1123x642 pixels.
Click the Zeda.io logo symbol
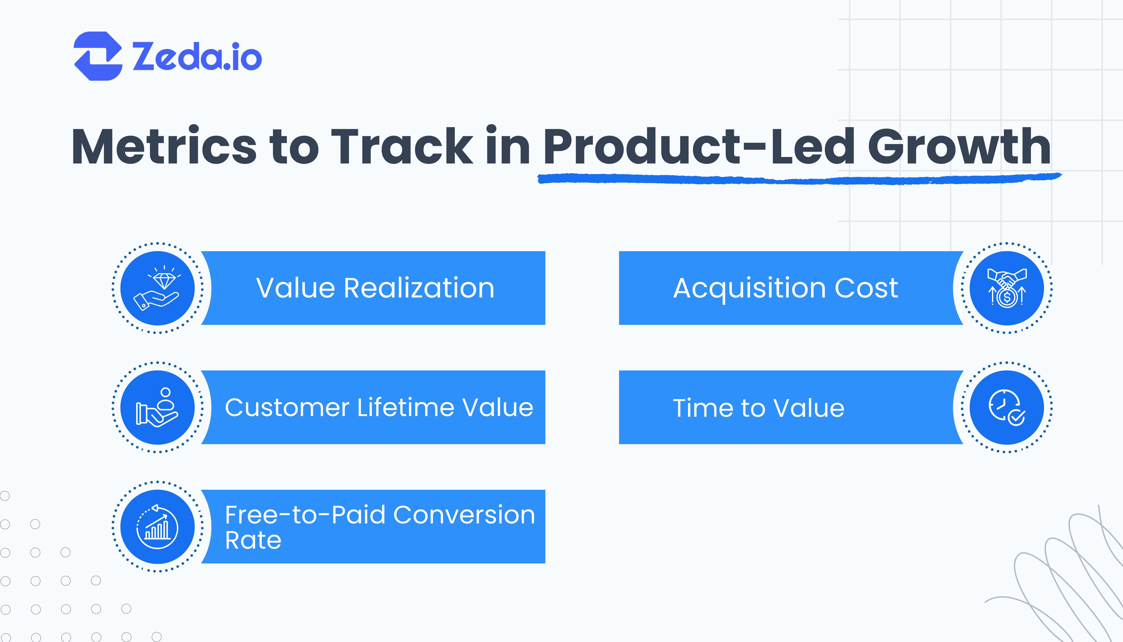[98, 56]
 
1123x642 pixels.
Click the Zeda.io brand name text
[197, 56]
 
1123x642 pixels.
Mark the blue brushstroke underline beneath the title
[798, 179]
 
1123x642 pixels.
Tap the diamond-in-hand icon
[157, 288]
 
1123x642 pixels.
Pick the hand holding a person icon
[157, 407]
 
